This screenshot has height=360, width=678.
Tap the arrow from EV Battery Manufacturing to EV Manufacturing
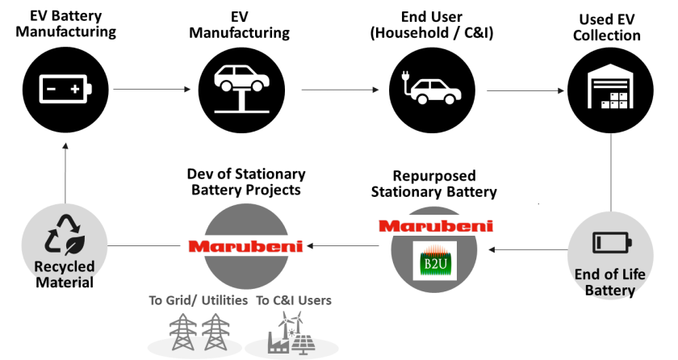[152, 89]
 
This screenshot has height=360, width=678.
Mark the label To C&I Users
[293, 301]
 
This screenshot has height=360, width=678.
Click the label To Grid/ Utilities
[197, 301]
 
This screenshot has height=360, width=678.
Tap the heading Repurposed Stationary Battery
[433, 184]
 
